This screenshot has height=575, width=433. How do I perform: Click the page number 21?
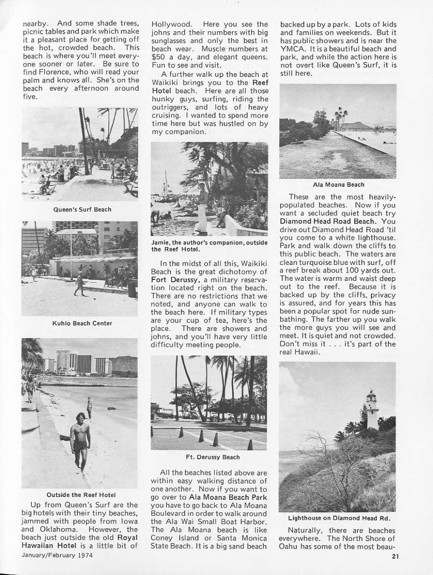coord(395,558)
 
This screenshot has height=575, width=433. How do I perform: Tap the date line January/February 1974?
coord(57,555)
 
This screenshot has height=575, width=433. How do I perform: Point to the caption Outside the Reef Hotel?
coord(81,495)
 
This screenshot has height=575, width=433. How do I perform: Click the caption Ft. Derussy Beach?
coord(209,457)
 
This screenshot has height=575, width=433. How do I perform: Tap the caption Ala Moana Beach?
coord(338,184)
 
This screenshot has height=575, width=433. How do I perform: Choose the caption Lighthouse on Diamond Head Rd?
coord(338,518)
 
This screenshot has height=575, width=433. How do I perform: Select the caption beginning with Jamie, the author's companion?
coord(209,246)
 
